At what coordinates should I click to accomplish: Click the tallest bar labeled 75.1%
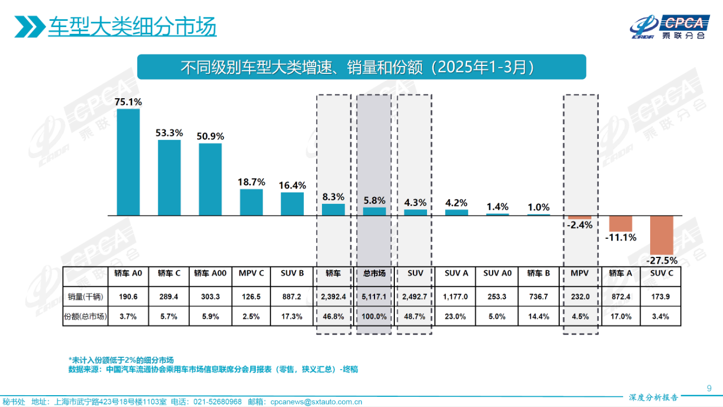pyautogui.click(x=128, y=162)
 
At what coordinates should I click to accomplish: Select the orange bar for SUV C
pyautogui.click(x=662, y=235)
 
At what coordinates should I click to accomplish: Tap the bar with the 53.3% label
pyautogui.click(x=169, y=177)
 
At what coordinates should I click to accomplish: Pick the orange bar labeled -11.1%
pyautogui.click(x=621, y=224)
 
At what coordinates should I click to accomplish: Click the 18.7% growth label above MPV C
pyautogui.click(x=251, y=182)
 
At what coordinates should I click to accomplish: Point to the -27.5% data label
pyautogui.click(x=661, y=261)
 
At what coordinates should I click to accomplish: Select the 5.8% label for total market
pyautogui.click(x=374, y=200)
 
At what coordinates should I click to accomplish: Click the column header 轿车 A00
pyautogui.click(x=210, y=273)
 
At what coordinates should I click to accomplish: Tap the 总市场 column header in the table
pyautogui.click(x=374, y=273)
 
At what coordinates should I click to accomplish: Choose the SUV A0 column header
pyautogui.click(x=497, y=273)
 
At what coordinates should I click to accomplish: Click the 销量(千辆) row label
pyautogui.click(x=85, y=296)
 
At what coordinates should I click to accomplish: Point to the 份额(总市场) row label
pyautogui.click(x=85, y=317)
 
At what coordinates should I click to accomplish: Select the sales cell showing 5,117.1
pyautogui.click(x=374, y=296)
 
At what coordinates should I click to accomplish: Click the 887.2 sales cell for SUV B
pyautogui.click(x=292, y=296)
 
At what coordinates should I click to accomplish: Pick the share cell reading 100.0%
pyautogui.click(x=374, y=317)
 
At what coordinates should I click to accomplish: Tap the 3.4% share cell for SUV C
pyautogui.click(x=660, y=317)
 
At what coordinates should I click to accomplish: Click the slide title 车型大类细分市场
pyautogui.click(x=132, y=27)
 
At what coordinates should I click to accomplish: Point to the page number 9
pyautogui.click(x=709, y=388)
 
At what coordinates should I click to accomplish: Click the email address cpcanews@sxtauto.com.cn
pyautogui.click(x=316, y=402)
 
